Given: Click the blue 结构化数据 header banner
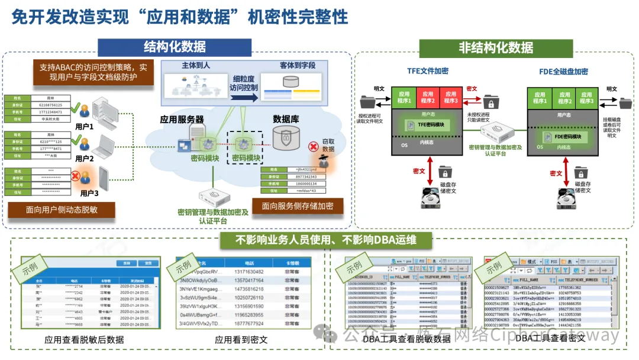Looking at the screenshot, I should click(x=175, y=47).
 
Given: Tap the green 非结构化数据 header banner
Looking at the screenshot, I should click(x=495, y=47).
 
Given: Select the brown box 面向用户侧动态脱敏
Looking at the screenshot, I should click(x=62, y=210).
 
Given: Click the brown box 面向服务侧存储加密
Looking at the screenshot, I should click(x=297, y=206).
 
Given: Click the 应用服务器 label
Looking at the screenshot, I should click(x=182, y=119).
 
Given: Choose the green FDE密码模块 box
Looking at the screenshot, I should click(x=560, y=137).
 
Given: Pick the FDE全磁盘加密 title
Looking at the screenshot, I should click(x=563, y=72).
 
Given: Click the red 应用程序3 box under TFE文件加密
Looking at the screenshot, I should click(x=451, y=97).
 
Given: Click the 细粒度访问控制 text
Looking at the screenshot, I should click(x=244, y=83).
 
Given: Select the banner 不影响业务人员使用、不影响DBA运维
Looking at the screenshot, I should click(x=326, y=240).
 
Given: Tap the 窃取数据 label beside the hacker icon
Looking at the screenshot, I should click(x=328, y=145).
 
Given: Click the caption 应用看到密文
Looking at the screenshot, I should click(x=241, y=340).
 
